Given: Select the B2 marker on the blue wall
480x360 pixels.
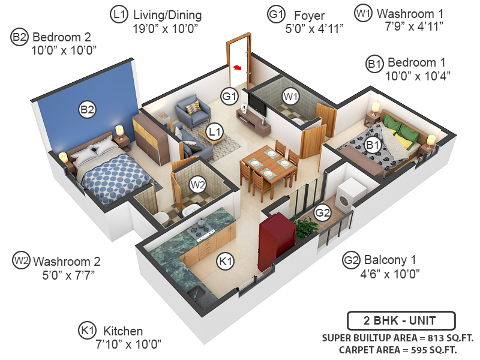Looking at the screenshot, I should tap(88, 110).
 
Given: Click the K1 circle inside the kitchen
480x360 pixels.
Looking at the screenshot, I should tap(225, 262).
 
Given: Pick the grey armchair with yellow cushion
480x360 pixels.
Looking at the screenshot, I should tap(193, 110).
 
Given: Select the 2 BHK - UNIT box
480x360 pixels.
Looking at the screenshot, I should tap(401, 320).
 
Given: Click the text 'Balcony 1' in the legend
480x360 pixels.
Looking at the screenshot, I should tap(388, 260).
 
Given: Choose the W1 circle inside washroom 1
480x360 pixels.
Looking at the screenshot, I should tap(291, 96).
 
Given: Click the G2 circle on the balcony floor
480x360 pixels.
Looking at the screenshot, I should tap(323, 212).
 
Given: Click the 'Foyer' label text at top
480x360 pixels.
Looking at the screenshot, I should tap(308, 14).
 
